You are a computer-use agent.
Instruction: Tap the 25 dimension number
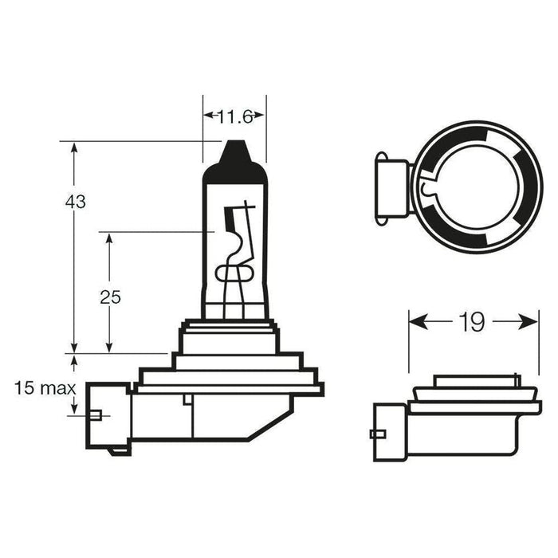110,297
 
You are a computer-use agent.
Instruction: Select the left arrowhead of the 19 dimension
414,322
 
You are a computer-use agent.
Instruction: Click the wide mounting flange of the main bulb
230,387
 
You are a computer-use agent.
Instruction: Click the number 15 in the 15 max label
24,389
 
